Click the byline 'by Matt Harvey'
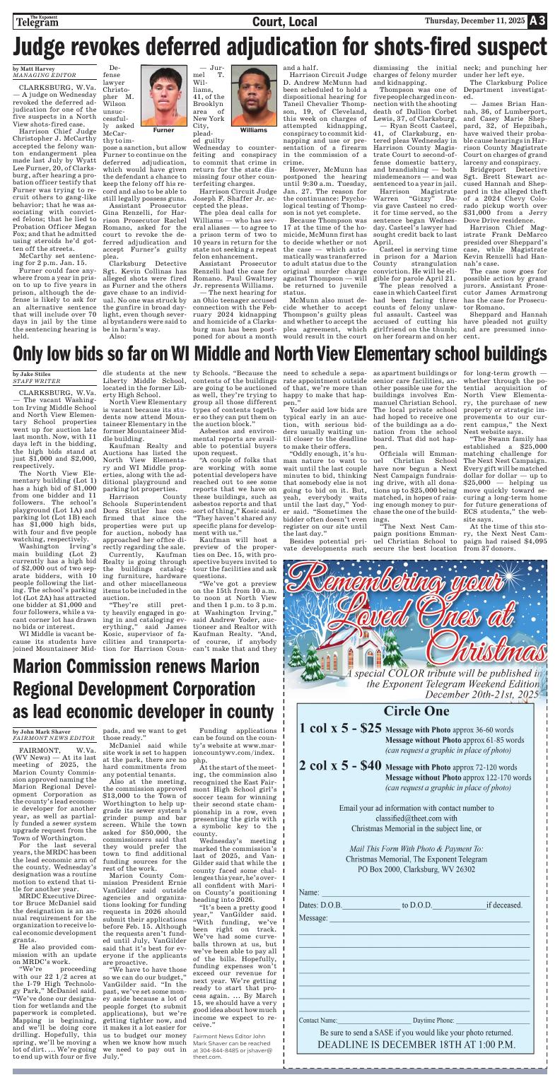point(33,68)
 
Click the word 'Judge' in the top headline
point(47,47)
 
